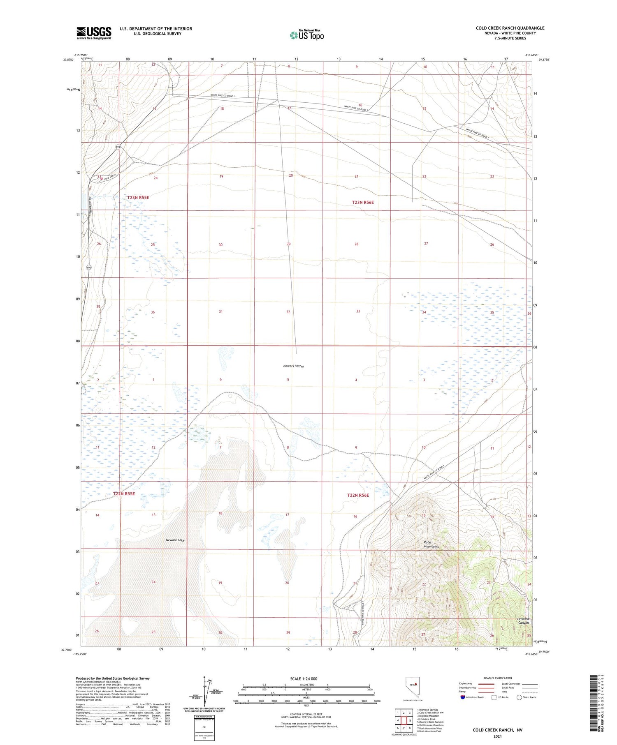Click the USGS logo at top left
94,33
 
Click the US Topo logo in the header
307,35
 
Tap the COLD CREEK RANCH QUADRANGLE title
510,28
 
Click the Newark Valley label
293,366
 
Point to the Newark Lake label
175,540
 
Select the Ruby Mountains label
431,544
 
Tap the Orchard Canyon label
523,621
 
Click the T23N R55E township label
138,198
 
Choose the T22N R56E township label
358,495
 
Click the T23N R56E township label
363,202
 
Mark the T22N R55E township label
124,494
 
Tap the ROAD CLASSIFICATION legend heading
498,678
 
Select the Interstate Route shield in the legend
463,697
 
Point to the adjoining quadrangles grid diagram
404,720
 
